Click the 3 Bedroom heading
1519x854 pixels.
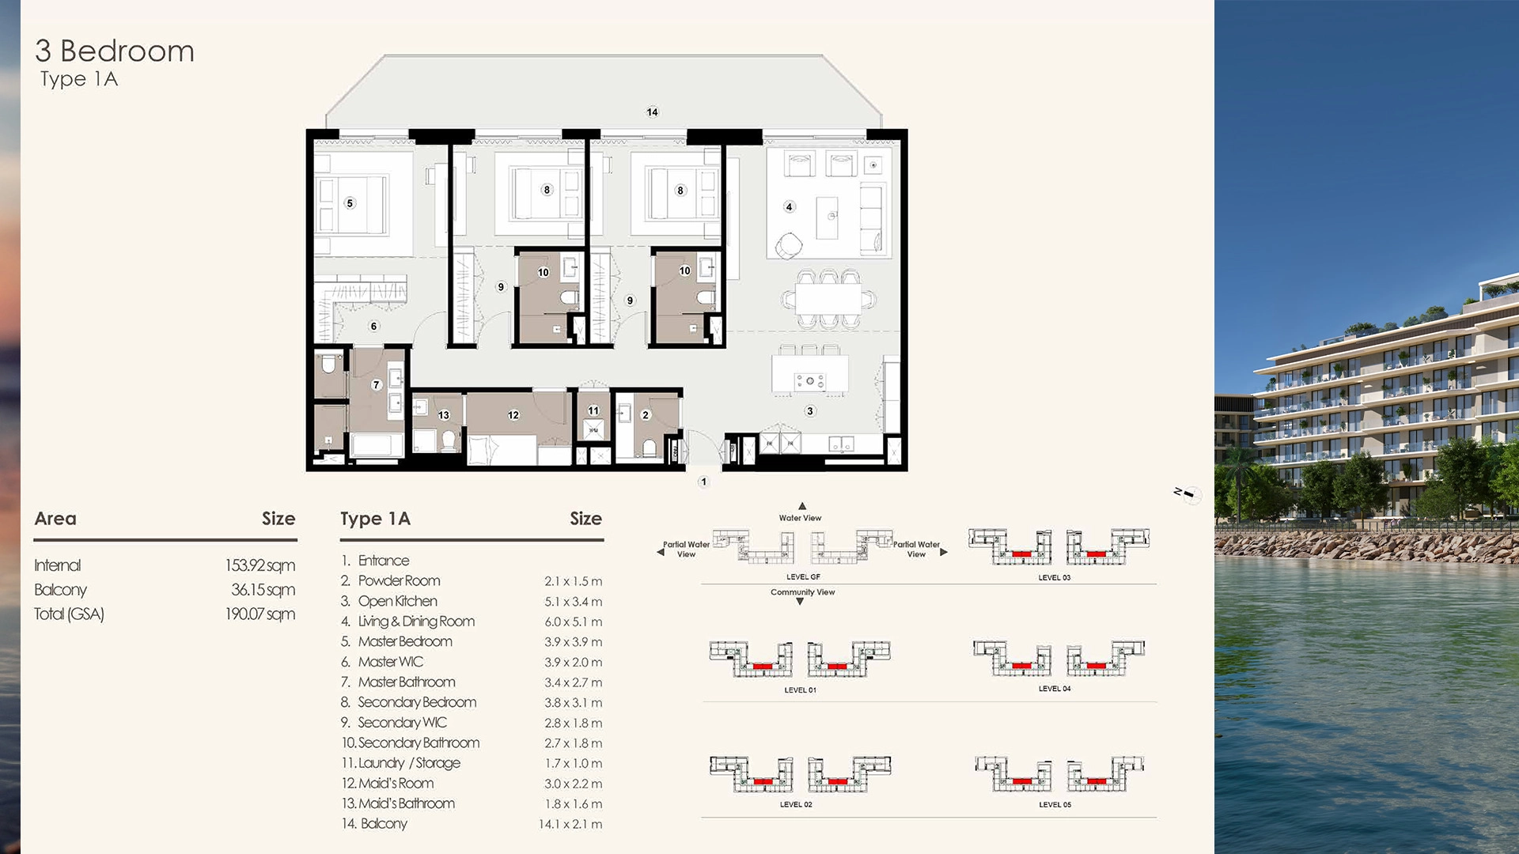pyautogui.click(x=115, y=51)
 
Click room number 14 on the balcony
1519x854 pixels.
pyautogui.click(x=652, y=112)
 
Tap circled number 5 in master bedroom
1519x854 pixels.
pyautogui.click(x=350, y=203)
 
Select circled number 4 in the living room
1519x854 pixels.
pyautogui.click(x=789, y=207)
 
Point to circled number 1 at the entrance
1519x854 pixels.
pyautogui.click(x=703, y=482)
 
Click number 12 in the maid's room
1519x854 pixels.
pyautogui.click(x=513, y=415)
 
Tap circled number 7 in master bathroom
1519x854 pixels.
pyautogui.click(x=377, y=385)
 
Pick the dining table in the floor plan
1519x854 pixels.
pyautogui.click(x=828, y=299)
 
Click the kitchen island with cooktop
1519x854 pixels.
pyautogui.click(x=810, y=374)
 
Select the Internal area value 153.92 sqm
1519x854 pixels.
pyautogui.click(x=259, y=565)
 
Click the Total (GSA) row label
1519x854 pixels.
pyautogui.click(x=69, y=614)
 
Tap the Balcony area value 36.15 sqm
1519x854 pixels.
pyautogui.click(x=263, y=590)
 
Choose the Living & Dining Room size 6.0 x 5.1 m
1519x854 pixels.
pyautogui.click(x=573, y=622)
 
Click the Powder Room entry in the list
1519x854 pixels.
pyautogui.click(x=399, y=580)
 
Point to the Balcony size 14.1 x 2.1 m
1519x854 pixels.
pyautogui.click(x=570, y=824)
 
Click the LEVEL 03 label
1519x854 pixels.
pyautogui.click(x=1054, y=578)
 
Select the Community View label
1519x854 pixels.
pyautogui.click(x=802, y=592)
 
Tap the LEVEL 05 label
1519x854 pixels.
pyautogui.click(x=1055, y=805)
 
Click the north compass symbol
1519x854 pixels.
pyautogui.click(x=1188, y=494)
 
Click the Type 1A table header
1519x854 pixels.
pyautogui.click(x=375, y=519)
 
